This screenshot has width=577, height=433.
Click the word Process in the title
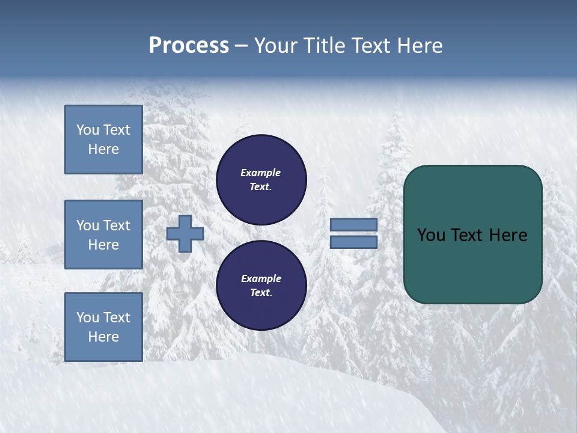[x=189, y=46]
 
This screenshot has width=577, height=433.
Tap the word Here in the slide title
[x=418, y=46]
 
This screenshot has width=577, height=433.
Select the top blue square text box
[x=103, y=140]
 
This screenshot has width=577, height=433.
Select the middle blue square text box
[x=103, y=235]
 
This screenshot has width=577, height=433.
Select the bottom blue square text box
[x=103, y=327]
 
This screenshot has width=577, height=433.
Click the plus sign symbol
[x=185, y=233]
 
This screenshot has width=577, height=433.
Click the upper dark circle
[x=261, y=179]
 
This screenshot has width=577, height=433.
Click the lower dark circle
[x=261, y=285]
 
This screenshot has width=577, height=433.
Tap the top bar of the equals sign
[x=353, y=224]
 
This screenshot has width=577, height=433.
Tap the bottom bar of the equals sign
[x=353, y=242]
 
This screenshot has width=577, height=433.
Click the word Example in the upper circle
[x=261, y=173]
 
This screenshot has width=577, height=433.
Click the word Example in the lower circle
[x=261, y=278]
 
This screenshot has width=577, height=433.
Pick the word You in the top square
[x=88, y=130]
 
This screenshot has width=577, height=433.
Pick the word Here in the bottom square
[x=103, y=337]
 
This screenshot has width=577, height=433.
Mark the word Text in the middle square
[x=117, y=226]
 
